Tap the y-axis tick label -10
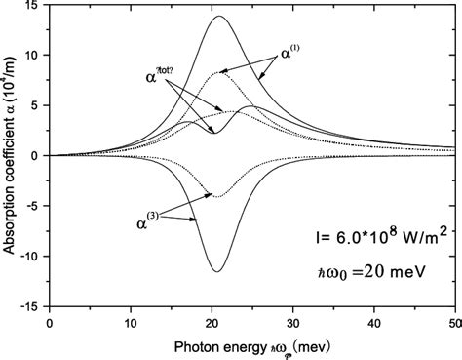(32, 255)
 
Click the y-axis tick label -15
(32, 304)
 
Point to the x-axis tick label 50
(451, 319)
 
